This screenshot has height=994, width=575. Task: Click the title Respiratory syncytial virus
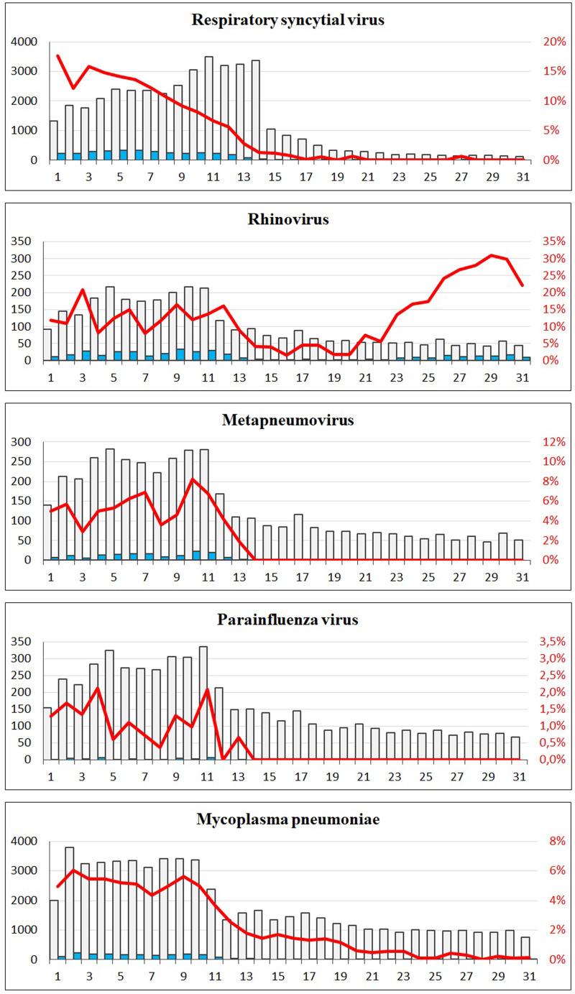pyautogui.click(x=287, y=19)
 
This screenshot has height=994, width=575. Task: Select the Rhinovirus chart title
pyautogui.click(x=287, y=220)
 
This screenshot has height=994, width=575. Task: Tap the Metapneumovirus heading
pyautogui.click(x=287, y=420)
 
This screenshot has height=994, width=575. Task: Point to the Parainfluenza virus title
pyautogui.click(x=287, y=620)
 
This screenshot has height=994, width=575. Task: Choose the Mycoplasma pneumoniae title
pyautogui.click(x=287, y=819)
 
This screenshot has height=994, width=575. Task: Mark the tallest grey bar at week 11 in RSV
pyautogui.click(x=208, y=108)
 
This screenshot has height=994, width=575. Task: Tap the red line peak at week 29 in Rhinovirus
pyautogui.click(x=492, y=255)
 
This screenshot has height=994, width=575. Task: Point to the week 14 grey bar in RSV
pyautogui.click(x=256, y=109)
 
